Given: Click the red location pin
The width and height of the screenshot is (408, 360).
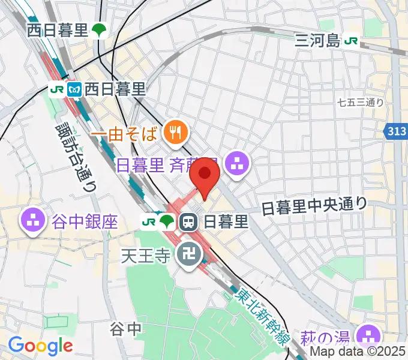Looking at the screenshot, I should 206,174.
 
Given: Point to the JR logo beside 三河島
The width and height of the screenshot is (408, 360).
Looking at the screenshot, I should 352,41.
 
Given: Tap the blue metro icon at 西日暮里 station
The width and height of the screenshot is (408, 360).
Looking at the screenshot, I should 75,89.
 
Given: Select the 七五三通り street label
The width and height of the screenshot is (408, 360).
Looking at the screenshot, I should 361,103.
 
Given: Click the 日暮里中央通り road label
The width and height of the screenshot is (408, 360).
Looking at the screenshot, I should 314,206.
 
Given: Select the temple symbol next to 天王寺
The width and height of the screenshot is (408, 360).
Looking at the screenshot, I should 186,256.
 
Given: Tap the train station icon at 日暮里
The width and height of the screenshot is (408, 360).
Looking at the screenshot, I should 188,223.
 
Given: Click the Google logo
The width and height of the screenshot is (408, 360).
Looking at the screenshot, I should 40,346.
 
